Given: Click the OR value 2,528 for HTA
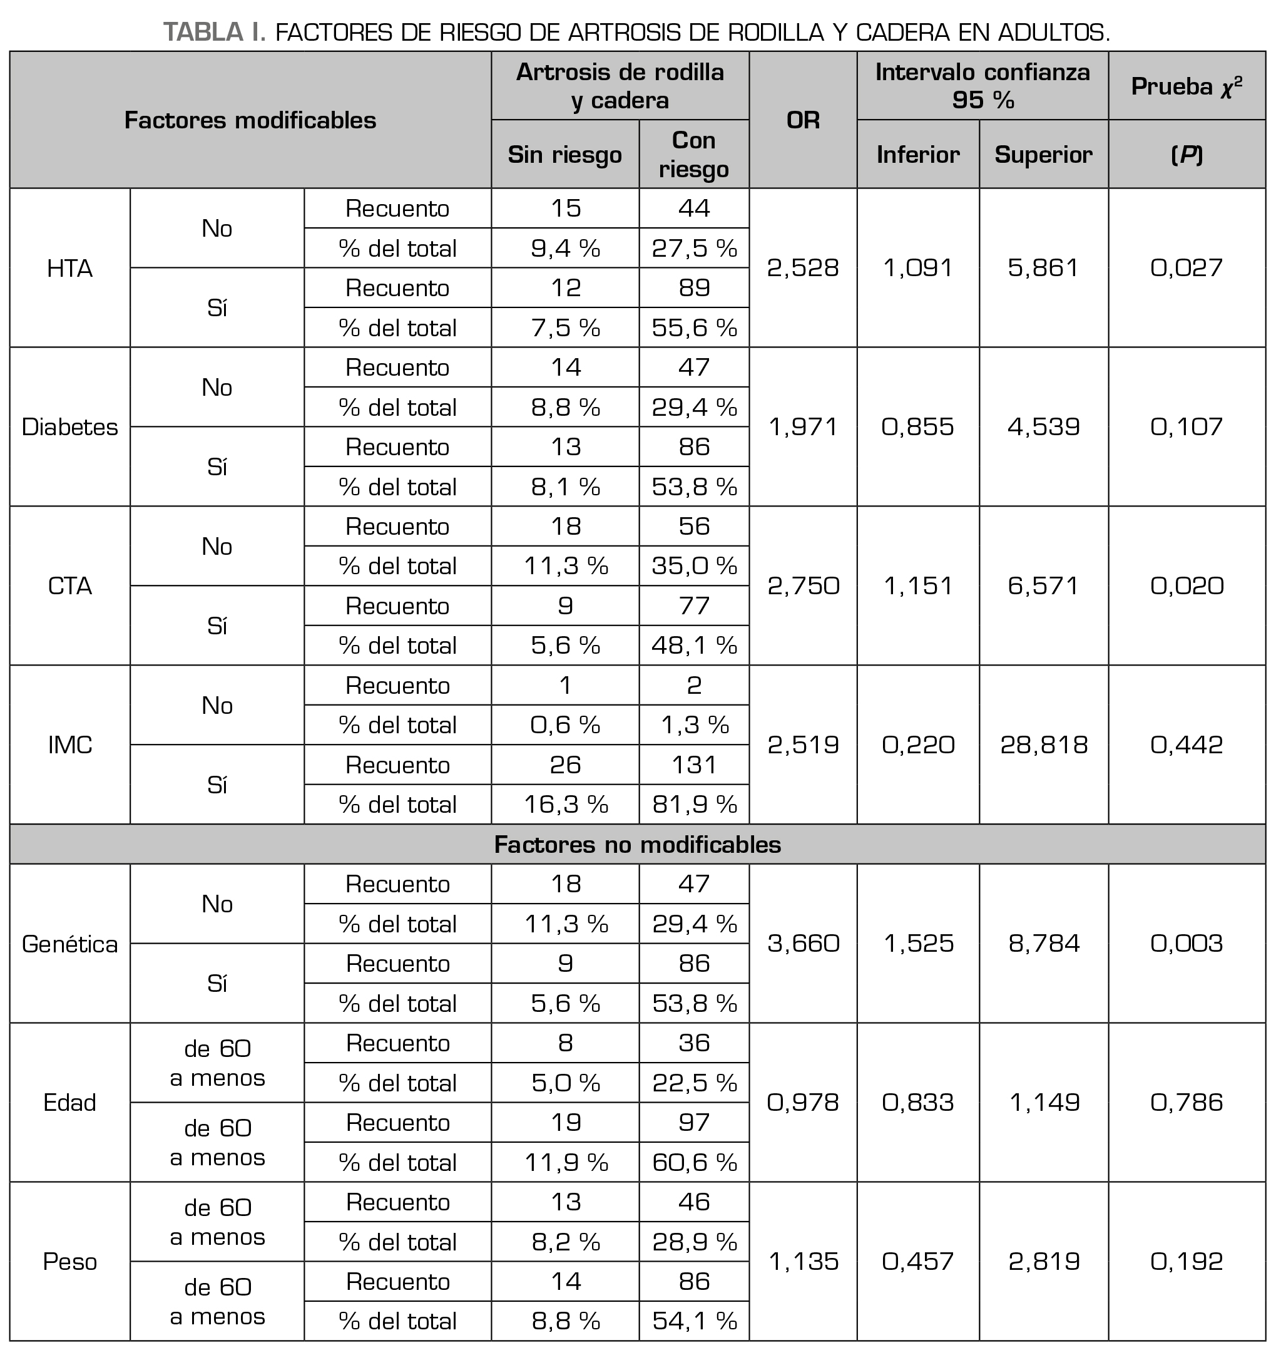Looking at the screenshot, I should click(802, 268).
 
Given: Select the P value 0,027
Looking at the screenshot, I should click(1186, 268).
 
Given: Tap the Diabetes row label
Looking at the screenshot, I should click(69, 427).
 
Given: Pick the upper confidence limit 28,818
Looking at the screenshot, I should click(1043, 745).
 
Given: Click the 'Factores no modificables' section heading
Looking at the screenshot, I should click(637, 845).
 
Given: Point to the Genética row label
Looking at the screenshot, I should click(69, 944).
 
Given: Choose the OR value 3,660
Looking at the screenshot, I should click(802, 944).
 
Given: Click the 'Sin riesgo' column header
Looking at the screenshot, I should click(564, 155).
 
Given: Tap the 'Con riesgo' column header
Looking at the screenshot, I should click(694, 155).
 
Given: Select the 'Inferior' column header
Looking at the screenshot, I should click(918, 155).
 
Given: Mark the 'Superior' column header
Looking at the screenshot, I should click(1043, 155).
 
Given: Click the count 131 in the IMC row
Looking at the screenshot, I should click(694, 765).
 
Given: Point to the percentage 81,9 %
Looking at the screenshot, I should click(694, 804).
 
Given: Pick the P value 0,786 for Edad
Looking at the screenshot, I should click(1186, 1103).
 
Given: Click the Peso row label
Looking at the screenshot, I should click(69, 1261).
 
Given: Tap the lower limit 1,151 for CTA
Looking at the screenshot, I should click(918, 585).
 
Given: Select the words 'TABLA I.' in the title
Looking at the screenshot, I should click(214, 32).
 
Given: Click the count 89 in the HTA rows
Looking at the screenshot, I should click(694, 287).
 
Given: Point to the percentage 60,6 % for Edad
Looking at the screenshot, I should click(694, 1162).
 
